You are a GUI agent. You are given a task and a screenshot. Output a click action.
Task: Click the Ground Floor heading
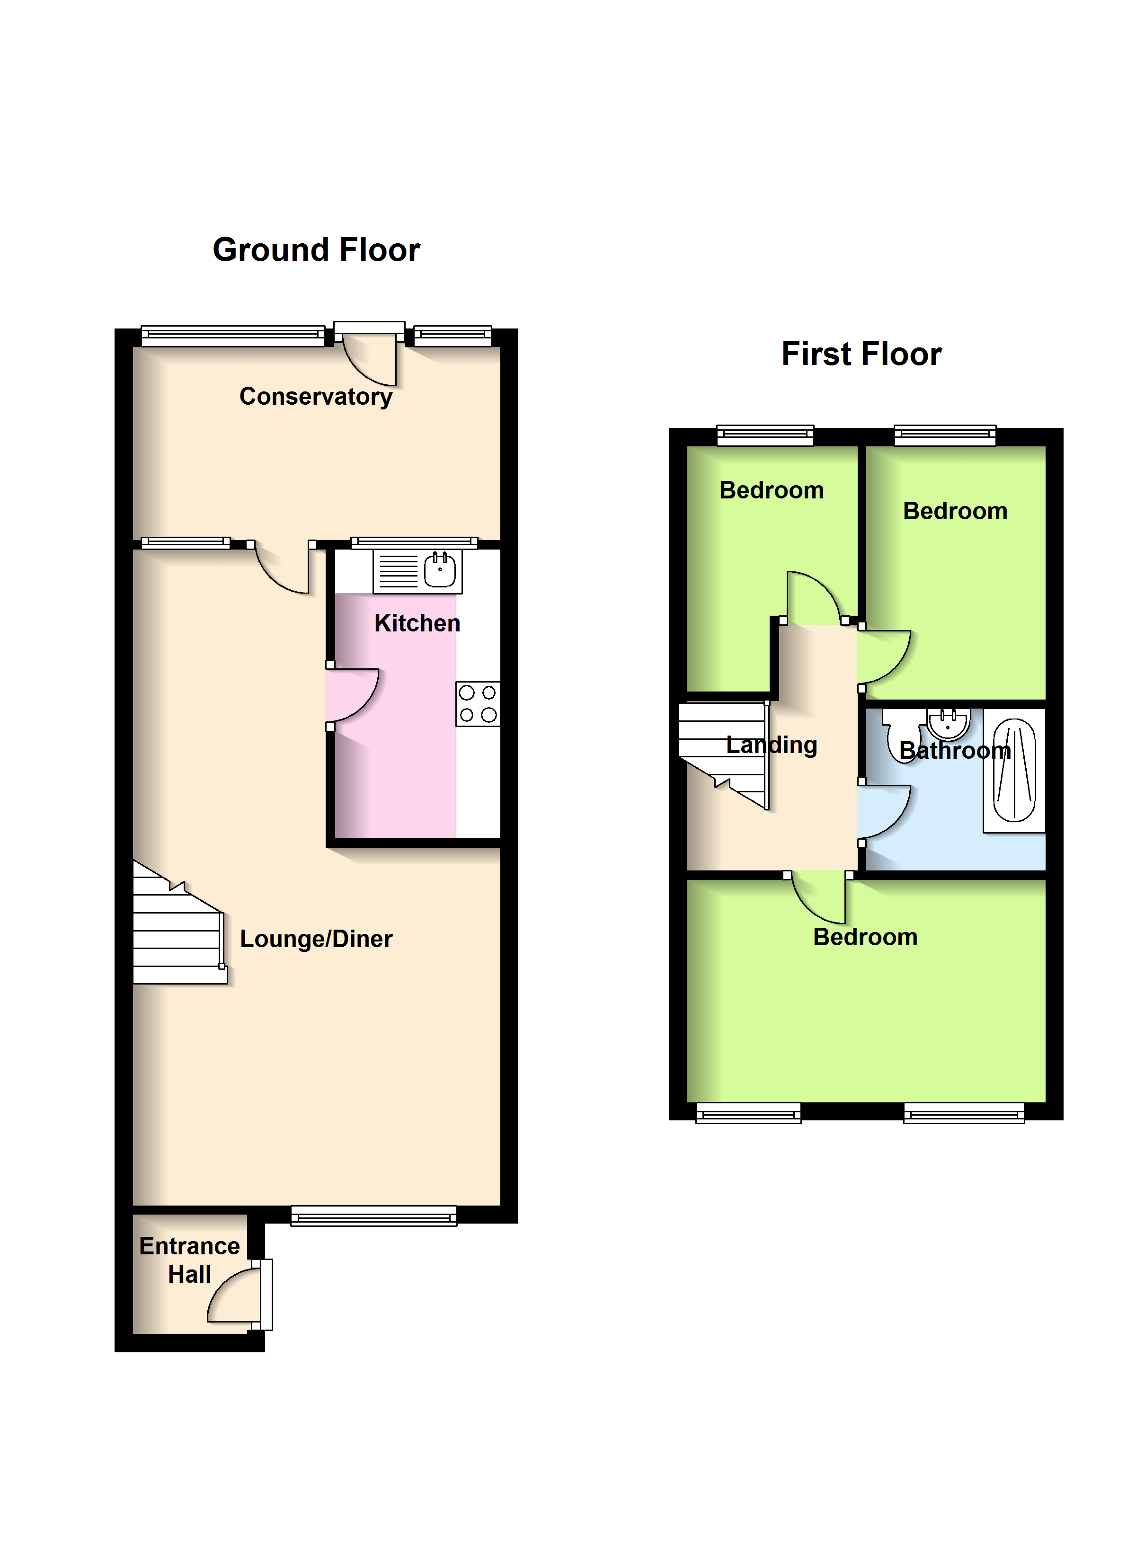pos(316,249)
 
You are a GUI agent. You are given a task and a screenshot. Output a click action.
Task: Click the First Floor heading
pos(861,354)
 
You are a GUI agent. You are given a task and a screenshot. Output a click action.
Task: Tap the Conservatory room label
pos(316,397)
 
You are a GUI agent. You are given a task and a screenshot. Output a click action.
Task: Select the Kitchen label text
pos(417,623)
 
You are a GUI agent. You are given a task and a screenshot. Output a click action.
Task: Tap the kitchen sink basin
pos(440,570)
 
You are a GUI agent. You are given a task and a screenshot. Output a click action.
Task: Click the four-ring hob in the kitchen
pos(478,704)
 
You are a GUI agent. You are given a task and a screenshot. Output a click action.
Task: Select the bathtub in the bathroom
pos(1014,770)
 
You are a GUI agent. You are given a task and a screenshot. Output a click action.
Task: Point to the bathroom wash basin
pos(948,723)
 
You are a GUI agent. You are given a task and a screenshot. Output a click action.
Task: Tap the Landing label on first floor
pos(772,745)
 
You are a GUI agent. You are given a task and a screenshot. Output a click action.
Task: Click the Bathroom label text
pos(955,751)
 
